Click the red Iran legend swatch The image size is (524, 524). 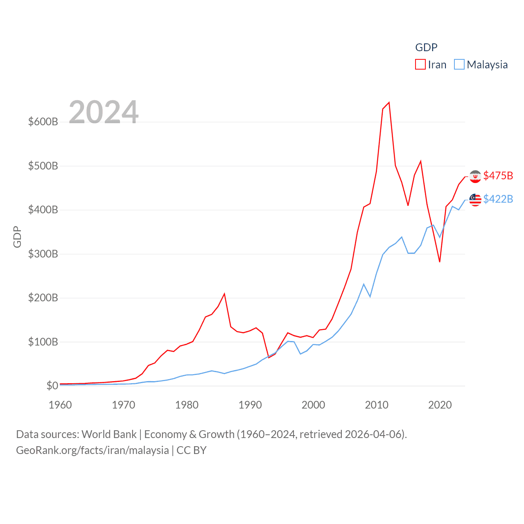coord(420,64)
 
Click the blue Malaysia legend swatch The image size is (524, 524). coord(459,64)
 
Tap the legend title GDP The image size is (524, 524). coord(426,47)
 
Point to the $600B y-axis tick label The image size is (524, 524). coord(43,122)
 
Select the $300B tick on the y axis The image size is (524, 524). coord(43,254)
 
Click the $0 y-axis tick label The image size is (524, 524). coord(52,386)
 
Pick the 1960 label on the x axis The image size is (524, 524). coord(60,405)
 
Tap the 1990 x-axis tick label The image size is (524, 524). coord(250,405)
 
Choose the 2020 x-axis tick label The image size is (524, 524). coord(440,405)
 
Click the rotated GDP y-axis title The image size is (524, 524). coord(17,237)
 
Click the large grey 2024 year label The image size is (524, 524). coord(104,112)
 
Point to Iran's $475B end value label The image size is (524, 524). coord(498,176)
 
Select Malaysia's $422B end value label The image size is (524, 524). coord(498,199)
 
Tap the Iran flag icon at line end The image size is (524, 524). coord(475,176)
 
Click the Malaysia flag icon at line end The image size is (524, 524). coord(475,200)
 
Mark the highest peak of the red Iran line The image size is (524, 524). coord(389,102)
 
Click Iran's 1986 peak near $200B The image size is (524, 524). coord(224,294)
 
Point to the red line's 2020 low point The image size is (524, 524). coord(440,262)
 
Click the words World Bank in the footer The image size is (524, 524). coord(109,434)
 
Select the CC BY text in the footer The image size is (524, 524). coord(192,450)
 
